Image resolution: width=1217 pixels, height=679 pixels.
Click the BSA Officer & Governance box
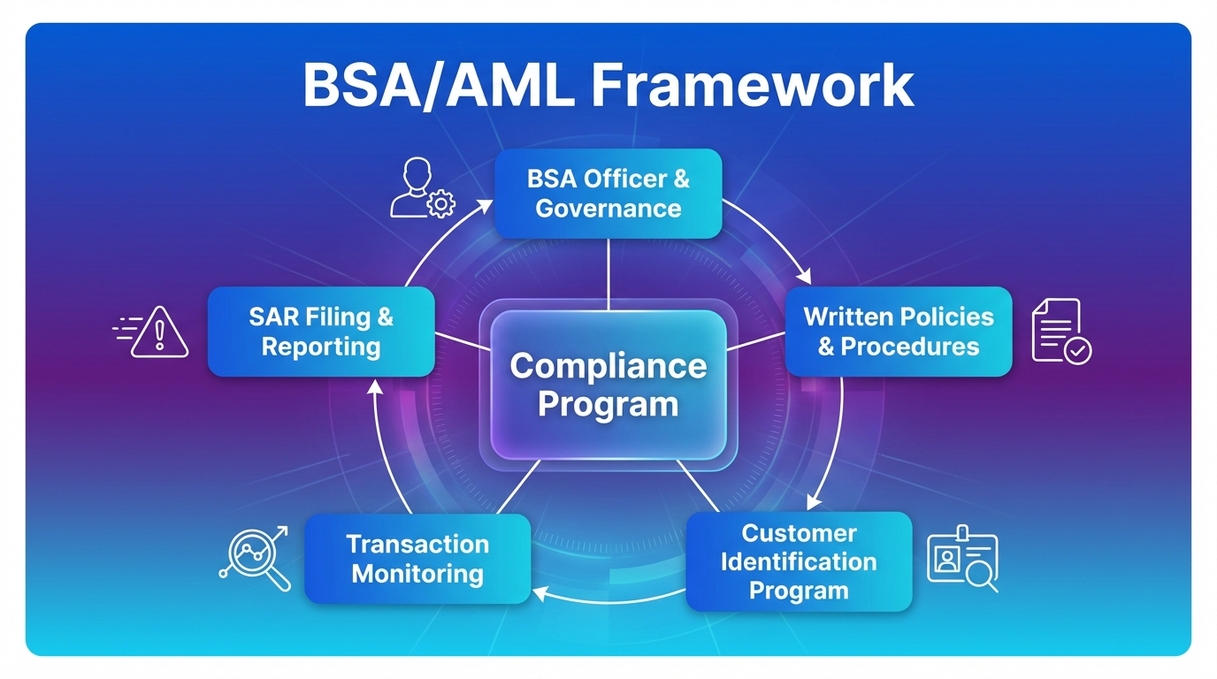608,194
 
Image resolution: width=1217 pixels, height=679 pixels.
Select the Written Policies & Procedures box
898,332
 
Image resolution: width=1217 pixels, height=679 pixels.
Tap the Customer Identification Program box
799,561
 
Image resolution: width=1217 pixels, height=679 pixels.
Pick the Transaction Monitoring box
417,559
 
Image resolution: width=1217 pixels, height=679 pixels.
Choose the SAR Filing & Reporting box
321,332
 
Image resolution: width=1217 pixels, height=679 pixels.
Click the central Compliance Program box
608,385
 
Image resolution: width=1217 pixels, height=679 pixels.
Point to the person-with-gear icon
421,188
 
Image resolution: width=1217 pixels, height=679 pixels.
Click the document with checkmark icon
1060,331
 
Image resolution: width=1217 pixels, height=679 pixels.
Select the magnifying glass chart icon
255,558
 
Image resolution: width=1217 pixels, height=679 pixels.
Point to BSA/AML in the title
438,86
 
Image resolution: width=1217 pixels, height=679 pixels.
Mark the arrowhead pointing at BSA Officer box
486,205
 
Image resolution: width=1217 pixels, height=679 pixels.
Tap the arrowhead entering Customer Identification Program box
811,504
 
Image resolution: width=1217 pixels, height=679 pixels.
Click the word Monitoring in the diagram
417,574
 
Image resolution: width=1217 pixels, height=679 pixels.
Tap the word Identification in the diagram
799,561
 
